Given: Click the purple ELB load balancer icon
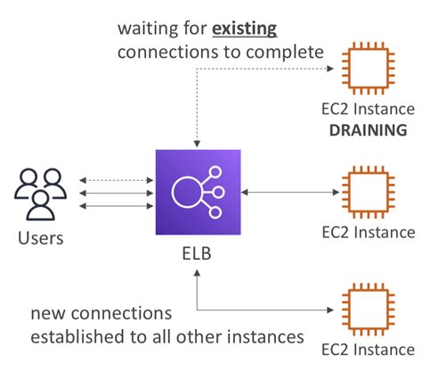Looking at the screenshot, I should (x=199, y=192).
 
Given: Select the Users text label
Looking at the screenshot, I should (x=40, y=238).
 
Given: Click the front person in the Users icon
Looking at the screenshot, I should (x=40, y=203).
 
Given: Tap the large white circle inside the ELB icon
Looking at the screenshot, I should (x=188, y=192).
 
